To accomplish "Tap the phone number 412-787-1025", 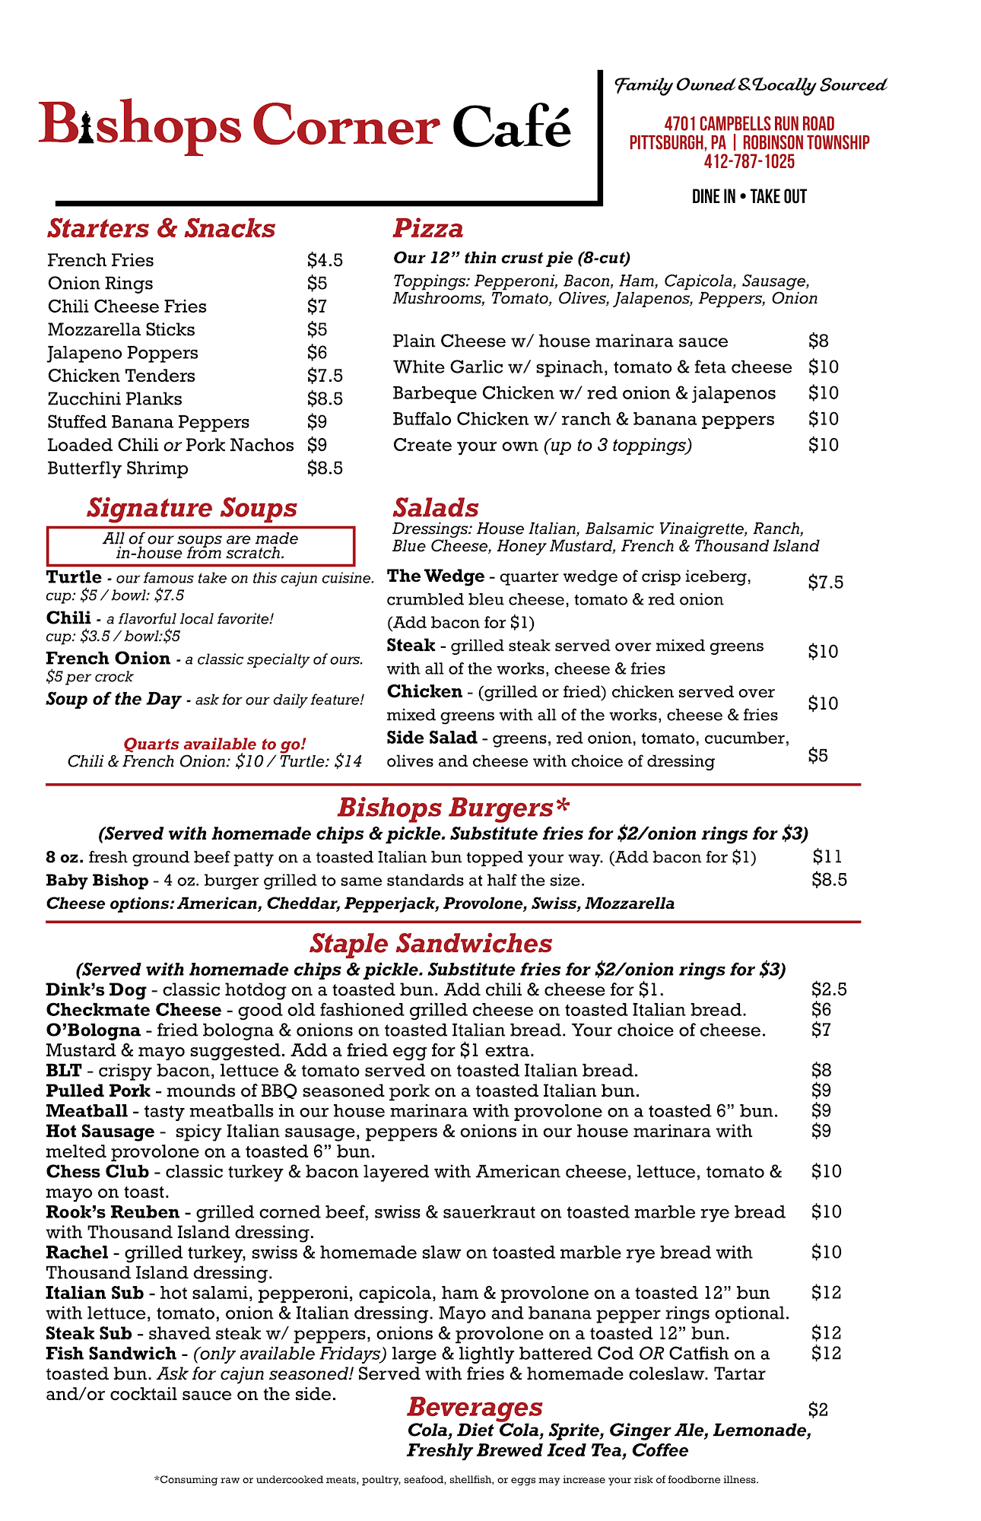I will pyautogui.click(x=749, y=162).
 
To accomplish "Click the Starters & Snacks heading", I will pyautogui.click(x=161, y=229).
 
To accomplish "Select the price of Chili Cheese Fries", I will pyautogui.click(x=317, y=306).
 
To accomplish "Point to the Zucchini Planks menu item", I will pyautogui.click(x=115, y=399).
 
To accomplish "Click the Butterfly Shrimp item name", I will pyautogui.click(x=118, y=468).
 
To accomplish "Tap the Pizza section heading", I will pyautogui.click(x=428, y=229).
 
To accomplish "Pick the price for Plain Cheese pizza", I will pyautogui.click(x=818, y=341).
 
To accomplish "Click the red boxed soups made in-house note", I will pyautogui.click(x=201, y=545).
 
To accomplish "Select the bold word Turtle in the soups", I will pyautogui.click(x=74, y=577).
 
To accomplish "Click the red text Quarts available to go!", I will pyautogui.click(x=214, y=744).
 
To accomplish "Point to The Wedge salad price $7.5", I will pyautogui.click(x=825, y=583).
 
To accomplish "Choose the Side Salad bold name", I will pyautogui.click(x=432, y=738).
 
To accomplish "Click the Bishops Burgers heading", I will pyautogui.click(x=453, y=807).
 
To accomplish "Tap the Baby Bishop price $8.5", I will pyautogui.click(x=829, y=881).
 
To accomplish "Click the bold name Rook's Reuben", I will pyautogui.click(x=113, y=1212).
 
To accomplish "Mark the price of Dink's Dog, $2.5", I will pyautogui.click(x=829, y=990).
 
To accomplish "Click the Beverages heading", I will pyautogui.click(x=475, y=1407).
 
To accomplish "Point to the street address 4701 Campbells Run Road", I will pyautogui.click(x=749, y=124).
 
